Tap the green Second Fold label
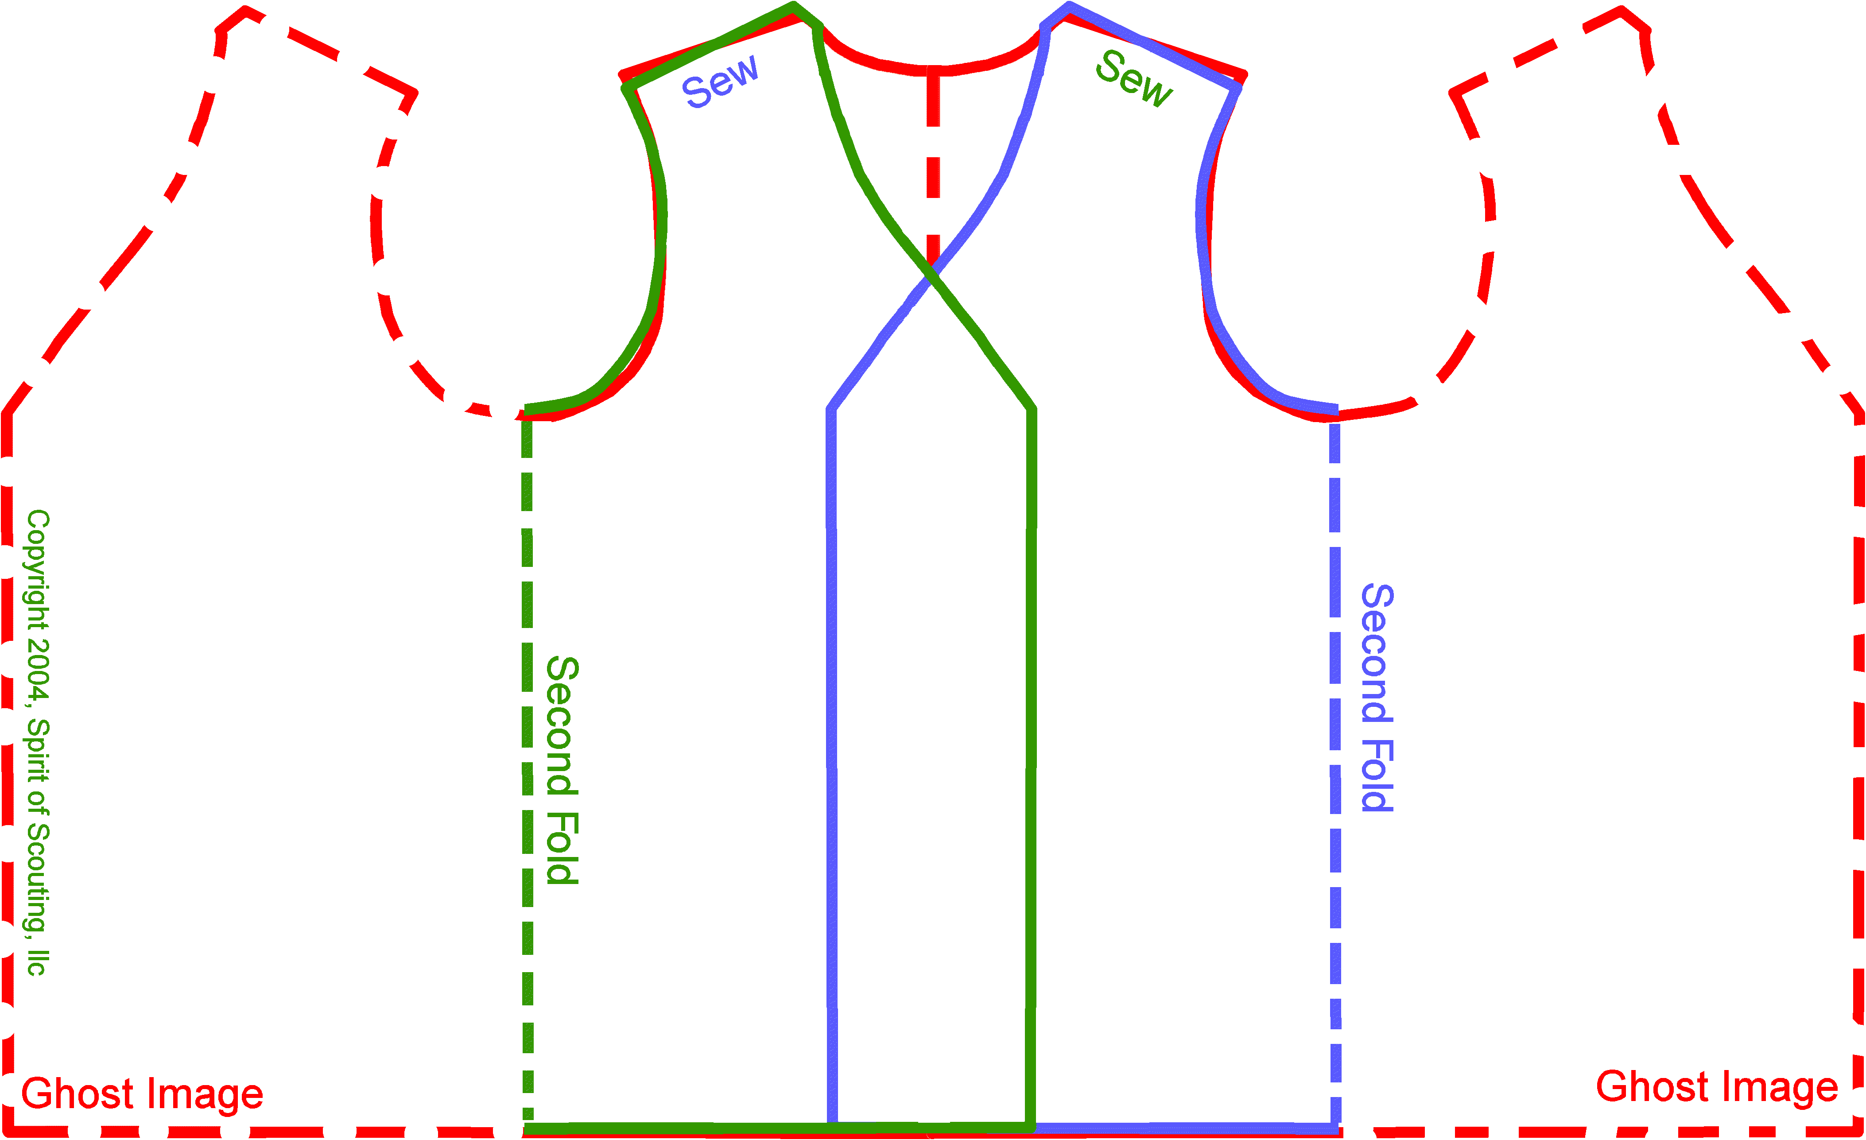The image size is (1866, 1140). pos(563,770)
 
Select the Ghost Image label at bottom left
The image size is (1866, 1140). pos(142,1094)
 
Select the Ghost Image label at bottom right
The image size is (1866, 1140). pos(1717,1087)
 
